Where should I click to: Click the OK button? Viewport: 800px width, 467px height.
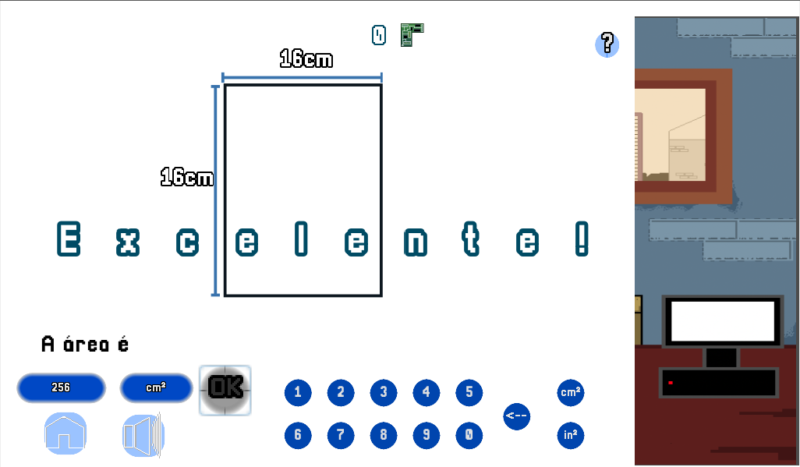point(225,390)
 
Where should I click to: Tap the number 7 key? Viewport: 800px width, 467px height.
point(341,435)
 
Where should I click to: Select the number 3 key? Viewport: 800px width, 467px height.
point(384,392)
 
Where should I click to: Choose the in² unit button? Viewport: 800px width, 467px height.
point(571,435)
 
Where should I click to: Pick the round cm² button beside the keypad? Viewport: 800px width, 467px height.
point(571,392)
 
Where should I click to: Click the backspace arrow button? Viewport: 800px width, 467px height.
point(516,416)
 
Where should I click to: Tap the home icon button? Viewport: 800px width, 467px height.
point(65,433)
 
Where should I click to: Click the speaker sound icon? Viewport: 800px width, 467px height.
point(143,435)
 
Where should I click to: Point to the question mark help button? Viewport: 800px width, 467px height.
point(607,44)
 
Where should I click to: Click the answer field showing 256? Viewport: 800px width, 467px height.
point(62,388)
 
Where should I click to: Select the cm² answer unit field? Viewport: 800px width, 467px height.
point(156,388)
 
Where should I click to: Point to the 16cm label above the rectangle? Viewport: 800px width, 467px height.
point(306,58)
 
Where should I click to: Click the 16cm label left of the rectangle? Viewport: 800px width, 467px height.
point(186,177)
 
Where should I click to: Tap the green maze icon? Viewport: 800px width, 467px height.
point(412,35)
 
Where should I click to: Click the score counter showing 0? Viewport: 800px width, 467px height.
point(379,35)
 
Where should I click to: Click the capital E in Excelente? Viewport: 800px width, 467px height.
point(69,239)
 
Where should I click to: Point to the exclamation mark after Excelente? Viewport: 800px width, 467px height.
point(582,239)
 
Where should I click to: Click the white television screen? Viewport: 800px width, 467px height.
point(723,321)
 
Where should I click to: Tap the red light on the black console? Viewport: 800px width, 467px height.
point(671,383)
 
